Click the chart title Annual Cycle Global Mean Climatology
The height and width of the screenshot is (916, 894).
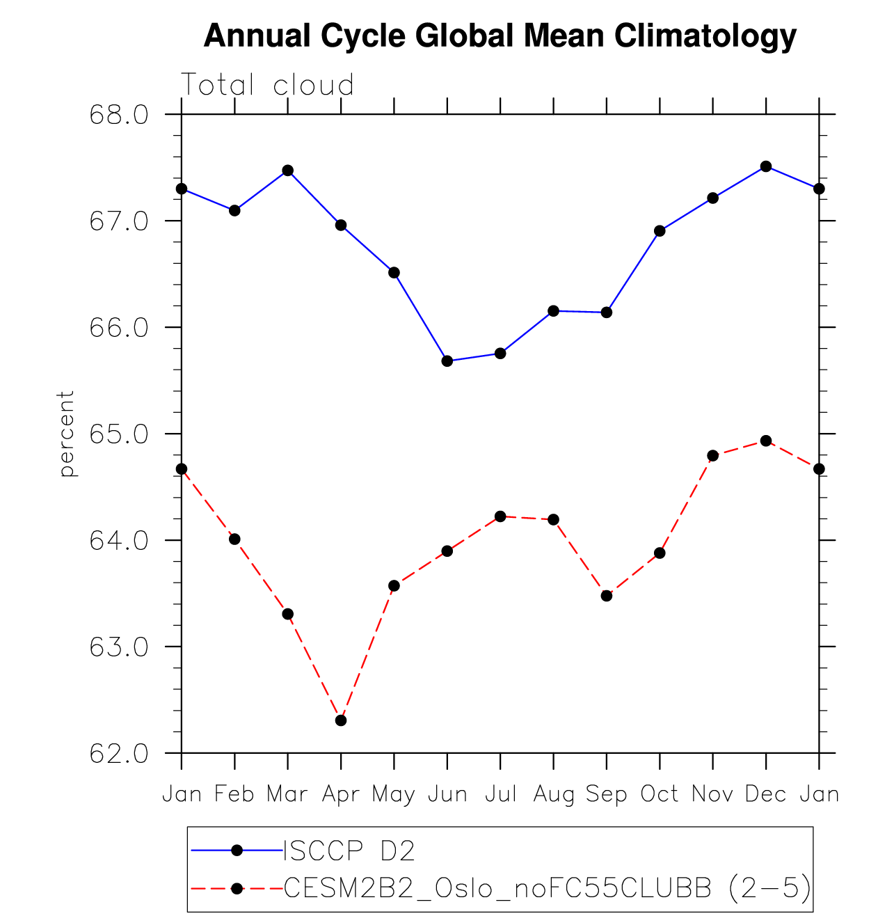coord(500,35)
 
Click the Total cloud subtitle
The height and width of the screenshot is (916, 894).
coord(268,86)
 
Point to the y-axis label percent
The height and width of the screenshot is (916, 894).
coord(67,434)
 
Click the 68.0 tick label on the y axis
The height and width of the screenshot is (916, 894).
coord(119,115)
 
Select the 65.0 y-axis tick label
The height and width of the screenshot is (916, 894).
coord(119,434)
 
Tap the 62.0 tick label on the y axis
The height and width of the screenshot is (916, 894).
coord(119,754)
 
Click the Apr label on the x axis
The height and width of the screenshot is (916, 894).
coord(340,794)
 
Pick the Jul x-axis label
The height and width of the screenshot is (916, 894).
coord(500,794)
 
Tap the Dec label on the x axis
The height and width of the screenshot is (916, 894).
coord(765,794)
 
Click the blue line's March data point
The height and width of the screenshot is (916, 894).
coord(287,171)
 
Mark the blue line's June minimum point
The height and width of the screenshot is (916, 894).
coord(447,361)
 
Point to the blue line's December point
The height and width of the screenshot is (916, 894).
coord(766,166)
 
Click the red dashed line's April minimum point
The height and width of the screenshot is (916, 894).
coord(341,720)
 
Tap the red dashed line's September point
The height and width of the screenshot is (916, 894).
coord(607,596)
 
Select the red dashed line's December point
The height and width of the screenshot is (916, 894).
coord(766,441)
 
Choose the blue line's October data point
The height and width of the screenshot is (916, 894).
coord(660,231)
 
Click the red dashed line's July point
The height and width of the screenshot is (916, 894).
coord(500,516)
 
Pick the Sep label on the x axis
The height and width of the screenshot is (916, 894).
coord(606,794)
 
